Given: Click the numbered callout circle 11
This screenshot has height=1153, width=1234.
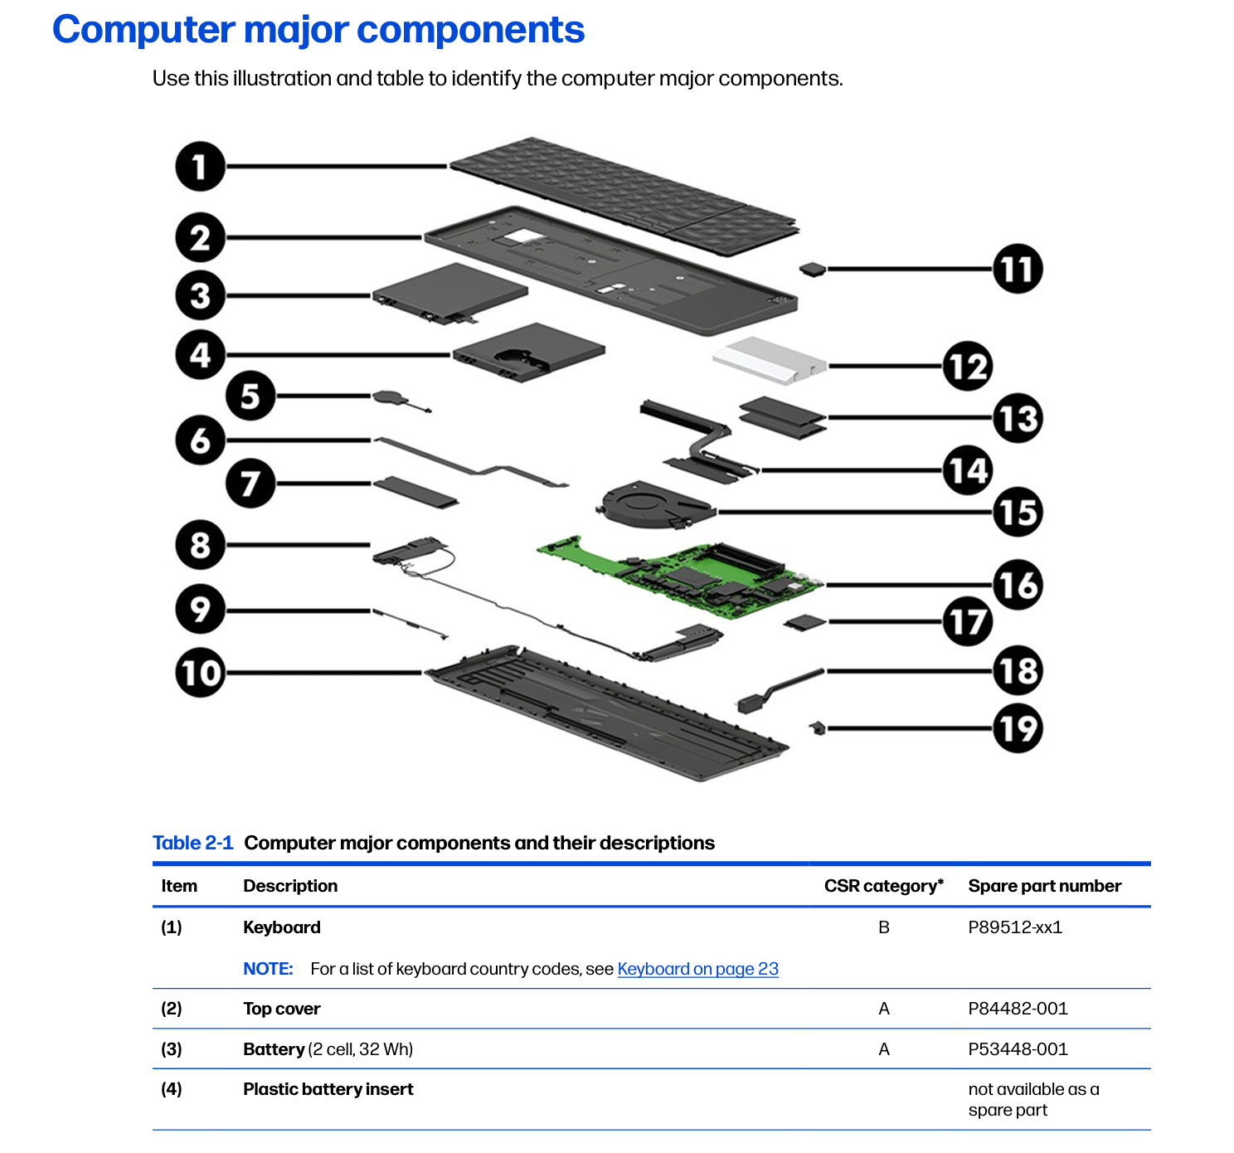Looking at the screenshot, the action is pyautogui.click(x=1018, y=269).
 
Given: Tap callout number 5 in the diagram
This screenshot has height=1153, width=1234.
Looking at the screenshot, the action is pyautogui.click(x=250, y=396).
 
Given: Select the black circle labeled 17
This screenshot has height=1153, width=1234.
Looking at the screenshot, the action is pyautogui.click(x=968, y=621).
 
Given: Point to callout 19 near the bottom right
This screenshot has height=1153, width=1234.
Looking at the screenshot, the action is pyautogui.click(x=1018, y=727).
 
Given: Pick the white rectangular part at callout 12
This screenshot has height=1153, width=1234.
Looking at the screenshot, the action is pyautogui.click(x=770, y=361).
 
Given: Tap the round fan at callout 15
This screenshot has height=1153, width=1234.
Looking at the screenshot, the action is pyautogui.click(x=655, y=504).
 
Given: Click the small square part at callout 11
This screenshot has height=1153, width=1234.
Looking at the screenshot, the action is pyautogui.click(x=813, y=270).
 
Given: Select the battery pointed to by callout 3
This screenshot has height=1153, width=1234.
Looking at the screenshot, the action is pyautogui.click(x=449, y=294).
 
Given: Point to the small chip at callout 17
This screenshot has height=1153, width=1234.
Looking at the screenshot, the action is pyautogui.click(x=804, y=622).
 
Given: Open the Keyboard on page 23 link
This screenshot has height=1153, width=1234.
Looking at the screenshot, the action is pyautogui.click(x=697, y=968).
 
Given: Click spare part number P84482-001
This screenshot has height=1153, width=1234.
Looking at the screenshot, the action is pyautogui.click(x=1018, y=1008).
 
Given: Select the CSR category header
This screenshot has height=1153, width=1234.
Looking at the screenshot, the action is pyautogui.click(x=883, y=885).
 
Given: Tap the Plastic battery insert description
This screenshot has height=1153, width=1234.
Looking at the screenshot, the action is pyautogui.click(x=328, y=1089).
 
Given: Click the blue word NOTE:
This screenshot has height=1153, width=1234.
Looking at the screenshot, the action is pyautogui.click(x=268, y=968).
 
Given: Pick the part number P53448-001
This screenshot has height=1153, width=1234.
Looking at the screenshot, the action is pyautogui.click(x=1018, y=1049).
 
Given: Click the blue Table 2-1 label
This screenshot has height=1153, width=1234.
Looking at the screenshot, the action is pyautogui.click(x=192, y=842).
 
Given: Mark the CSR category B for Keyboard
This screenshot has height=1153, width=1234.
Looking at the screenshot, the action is pyautogui.click(x=883, y=927).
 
